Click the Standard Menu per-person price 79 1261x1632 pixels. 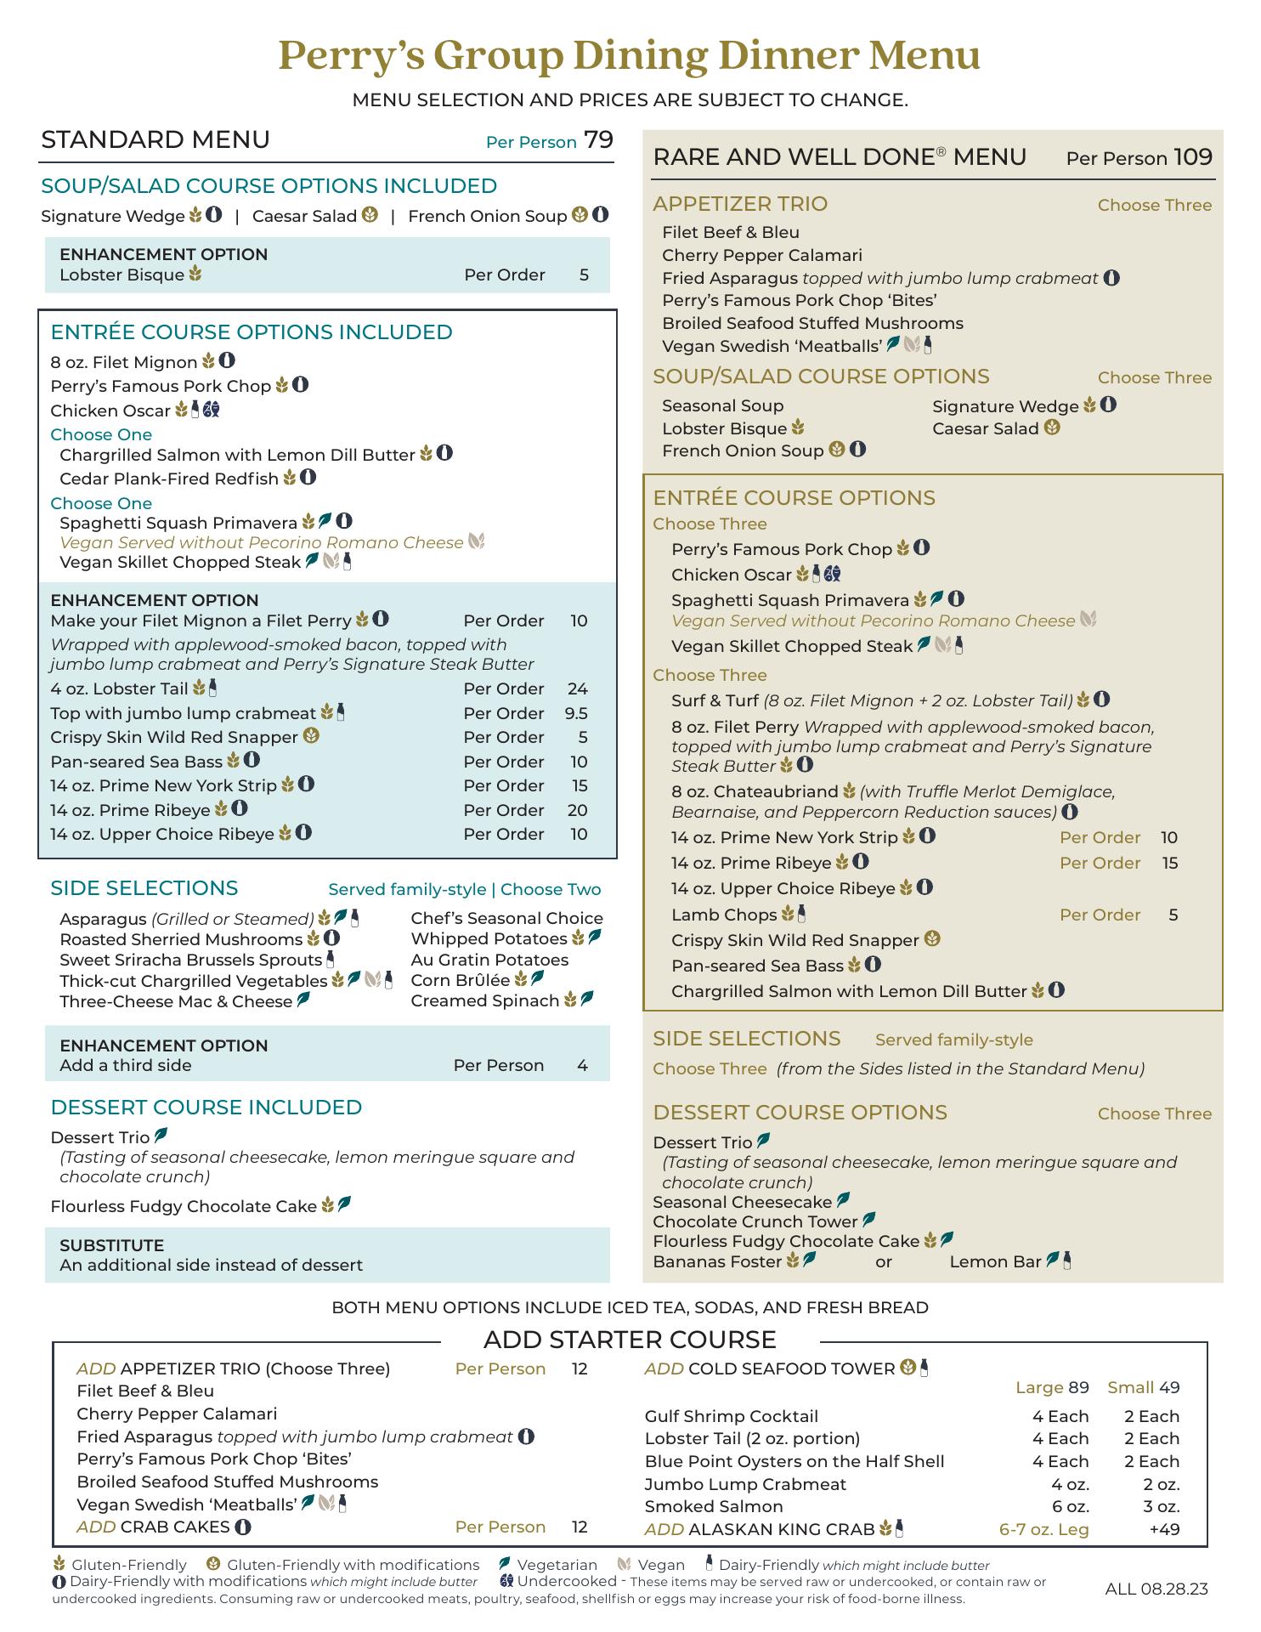coord(598,140)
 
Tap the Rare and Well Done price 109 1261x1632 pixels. coord(1192,157)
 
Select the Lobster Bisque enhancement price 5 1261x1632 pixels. coord(584,275)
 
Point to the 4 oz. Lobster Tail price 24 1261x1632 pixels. coord(577,688)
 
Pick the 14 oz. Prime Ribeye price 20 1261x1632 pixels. coord(577,810)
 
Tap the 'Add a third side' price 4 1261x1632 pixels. coord(582,1065)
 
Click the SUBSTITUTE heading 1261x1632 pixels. coord(111,1245)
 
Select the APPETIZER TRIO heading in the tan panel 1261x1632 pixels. coord(739,204)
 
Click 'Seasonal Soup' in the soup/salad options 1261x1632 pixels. coord(722,405)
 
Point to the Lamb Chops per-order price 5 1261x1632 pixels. coord(1173,915)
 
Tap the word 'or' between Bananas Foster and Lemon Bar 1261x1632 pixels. coord(884,1261)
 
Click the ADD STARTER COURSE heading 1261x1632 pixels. coord(630,1340)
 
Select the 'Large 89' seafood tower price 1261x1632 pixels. coord(1052,1387)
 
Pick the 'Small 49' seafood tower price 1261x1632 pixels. coord(1144,1387)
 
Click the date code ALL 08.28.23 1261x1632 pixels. coord(1156,1589)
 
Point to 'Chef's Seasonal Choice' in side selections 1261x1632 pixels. coord(506,918)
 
